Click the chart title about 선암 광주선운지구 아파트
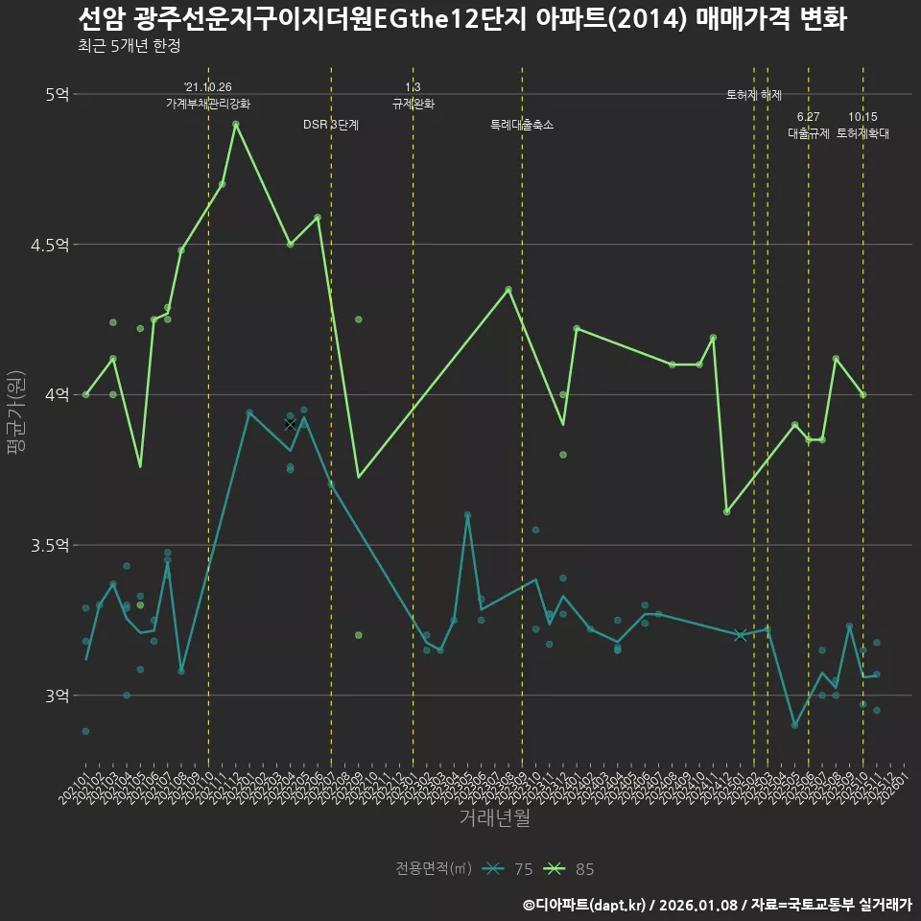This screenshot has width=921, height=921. click(x=460, y=19)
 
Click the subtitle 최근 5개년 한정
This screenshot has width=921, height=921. click(x=129, y=45)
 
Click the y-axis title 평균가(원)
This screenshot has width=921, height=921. click(x=16, y=413)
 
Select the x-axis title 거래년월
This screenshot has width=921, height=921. click(x=494, y=817)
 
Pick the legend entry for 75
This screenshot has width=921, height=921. click(x=508, y=869)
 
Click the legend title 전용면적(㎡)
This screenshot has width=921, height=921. click(x=434, y=869)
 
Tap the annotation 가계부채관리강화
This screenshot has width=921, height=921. click(x=208, y=103)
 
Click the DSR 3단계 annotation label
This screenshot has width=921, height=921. click(x=331, y=125)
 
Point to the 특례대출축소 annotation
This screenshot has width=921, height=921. click(x=522, y=125)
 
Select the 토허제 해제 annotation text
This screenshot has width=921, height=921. click(x=754, y=95)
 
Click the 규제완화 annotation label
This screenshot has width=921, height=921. click(x=413, y=103)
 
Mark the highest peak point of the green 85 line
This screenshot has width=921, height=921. click(x=236, y=125)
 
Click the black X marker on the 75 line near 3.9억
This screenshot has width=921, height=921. click(x=291, y=424)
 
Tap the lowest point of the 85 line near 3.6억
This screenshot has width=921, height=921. click(x=726, y=511)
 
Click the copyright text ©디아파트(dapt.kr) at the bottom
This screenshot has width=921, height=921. click(x=585, y=904)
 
